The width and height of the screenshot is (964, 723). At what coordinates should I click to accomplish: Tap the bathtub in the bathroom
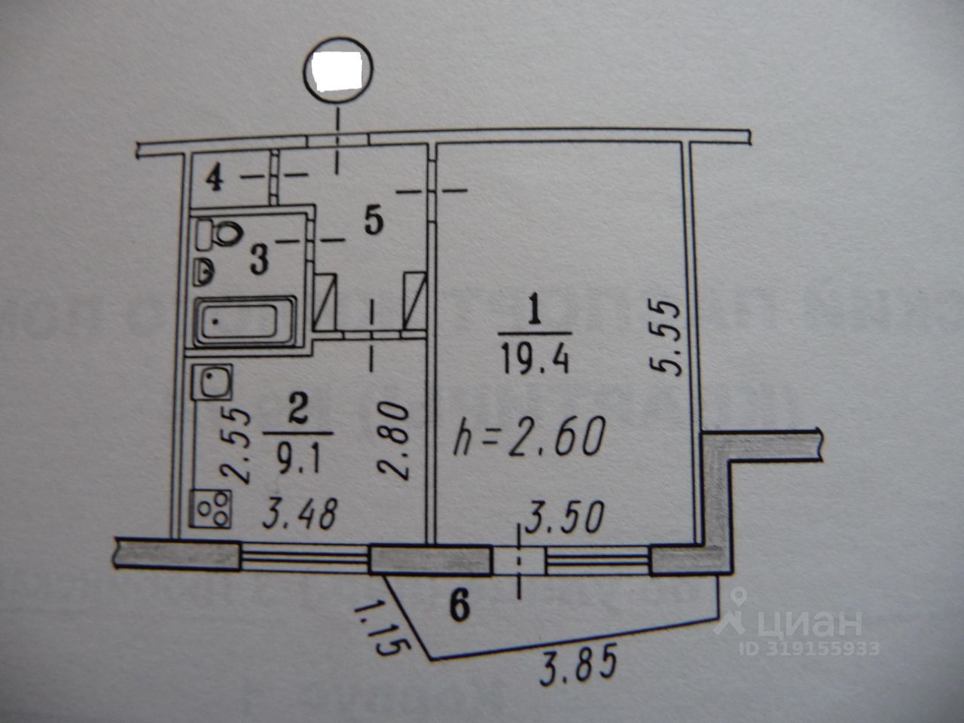point(245,322)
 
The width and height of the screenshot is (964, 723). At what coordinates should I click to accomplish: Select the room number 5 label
point(373,221)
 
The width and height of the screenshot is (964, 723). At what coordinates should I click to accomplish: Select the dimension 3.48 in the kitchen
point(300,514)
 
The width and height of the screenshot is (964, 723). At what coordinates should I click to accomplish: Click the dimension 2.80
point(395,441)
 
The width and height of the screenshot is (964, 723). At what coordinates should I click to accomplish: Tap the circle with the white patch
point(338,69)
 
